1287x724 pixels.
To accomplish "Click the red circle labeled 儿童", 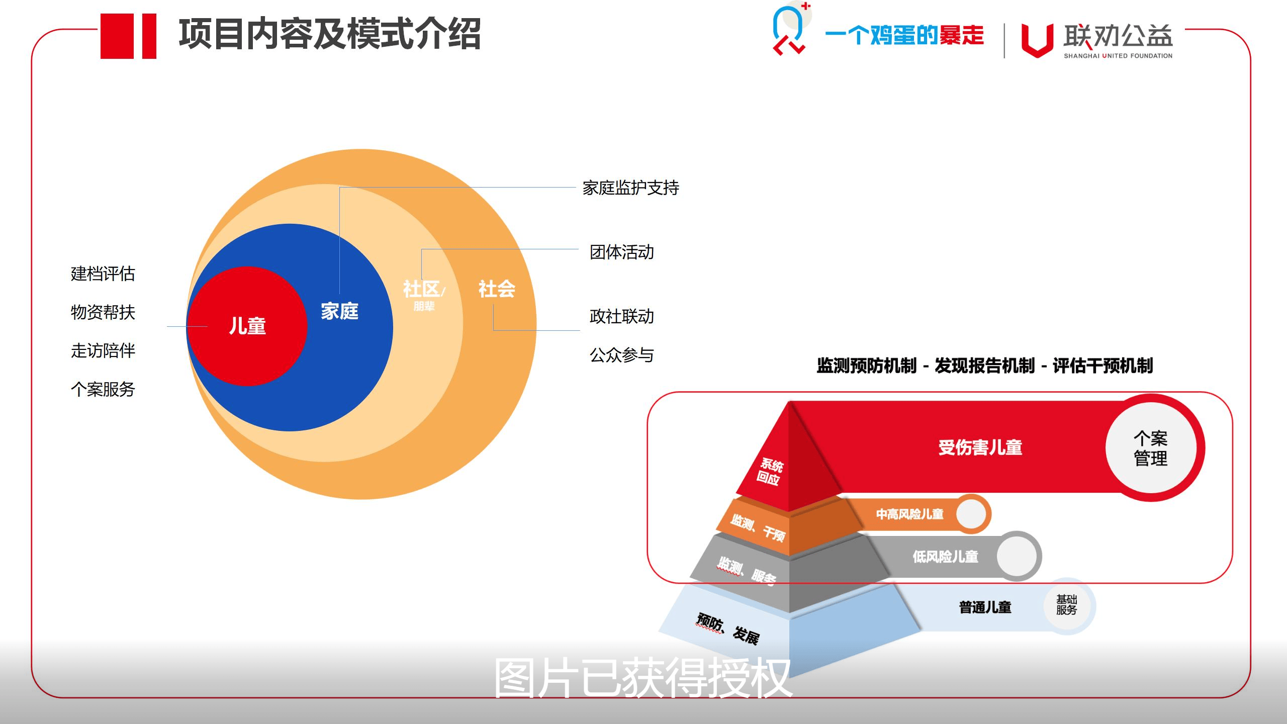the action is pyautogui.click(x=247, y=326).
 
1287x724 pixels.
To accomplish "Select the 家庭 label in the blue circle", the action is pyautogui.click(x=340, y=312).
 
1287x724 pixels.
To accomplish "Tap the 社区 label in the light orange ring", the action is pyautogui.click(x=421, y=289).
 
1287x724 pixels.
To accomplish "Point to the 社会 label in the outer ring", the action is pyautogui.click(x=497, y=289).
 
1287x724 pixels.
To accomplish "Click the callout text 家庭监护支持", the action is pyautogui.click(x=631, y=188).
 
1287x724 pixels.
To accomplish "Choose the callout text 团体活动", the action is pyautogui.click(x=622, y=252).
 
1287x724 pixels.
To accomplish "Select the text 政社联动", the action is pyautogui.click(x=622, y=316).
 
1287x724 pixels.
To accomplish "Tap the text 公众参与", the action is pyautogui.click(x=622, y=355).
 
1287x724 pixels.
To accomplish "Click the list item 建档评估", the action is pyautogui.click(x=103, y=274).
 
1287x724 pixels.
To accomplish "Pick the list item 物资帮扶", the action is pyautogui.click(x=103, y=312).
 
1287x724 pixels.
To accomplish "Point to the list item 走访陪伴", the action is pyautogui.click(x=103, y=350).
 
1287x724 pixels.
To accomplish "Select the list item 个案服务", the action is pyautogui.click(x=103, y=389).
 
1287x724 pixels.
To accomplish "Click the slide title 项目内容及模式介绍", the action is pyautogui.click(x=330, y=34).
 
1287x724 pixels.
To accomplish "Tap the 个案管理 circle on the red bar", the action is pyautogui.click(x=1151, y=448).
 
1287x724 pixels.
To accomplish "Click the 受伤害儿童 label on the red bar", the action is pyautogui.click(x=980, y=447).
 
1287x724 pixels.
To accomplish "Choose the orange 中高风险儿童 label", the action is pyautogui.click(x=910, y=514).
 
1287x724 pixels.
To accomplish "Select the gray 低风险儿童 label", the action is pyautogui.click(x=946, y=557).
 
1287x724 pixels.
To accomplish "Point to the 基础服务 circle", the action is pyautogui.click(x=1066, y=605).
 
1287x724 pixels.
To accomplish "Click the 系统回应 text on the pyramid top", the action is pyautogui.click(x=770, y=472).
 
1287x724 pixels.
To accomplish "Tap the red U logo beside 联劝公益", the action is pyautogui.click(x=1037, y=40).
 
